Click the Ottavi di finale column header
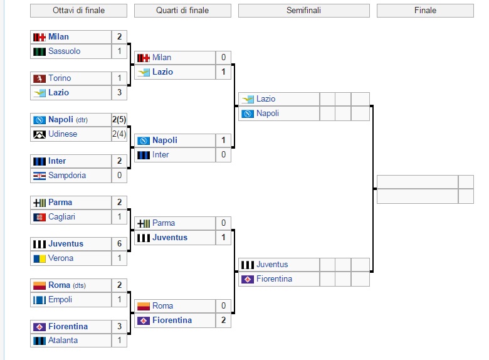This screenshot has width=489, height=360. [x=78, y=11]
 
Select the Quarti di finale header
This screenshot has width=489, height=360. [x=182, y=11]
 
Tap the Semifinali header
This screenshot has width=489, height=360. [x=303, y=11]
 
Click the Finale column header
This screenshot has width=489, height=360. [x=425, y=11]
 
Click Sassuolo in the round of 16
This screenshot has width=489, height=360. [x=64, y=51]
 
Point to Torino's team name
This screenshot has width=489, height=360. [x=60, y=78]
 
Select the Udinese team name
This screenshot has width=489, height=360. [x=63, y=134]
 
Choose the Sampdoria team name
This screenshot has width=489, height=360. [x=66, y=176]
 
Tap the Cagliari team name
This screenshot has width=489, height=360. [x=61, y=217]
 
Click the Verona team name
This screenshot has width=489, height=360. [x=61, y=258]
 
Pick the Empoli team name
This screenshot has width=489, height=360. [x=60, y=300]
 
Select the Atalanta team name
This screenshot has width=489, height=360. [x=63, y=341]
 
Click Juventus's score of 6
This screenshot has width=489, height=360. [x=119, y=244]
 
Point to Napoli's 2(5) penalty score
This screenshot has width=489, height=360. [x=119, y=120]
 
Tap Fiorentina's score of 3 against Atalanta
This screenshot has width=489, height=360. [x=119, y=327]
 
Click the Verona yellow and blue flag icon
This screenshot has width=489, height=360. [x=39, y=258]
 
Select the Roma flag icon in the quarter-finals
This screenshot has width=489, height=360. [x=144, y=306]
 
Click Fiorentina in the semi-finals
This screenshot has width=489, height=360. [x=274, y=279]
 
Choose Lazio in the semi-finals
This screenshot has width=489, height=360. [x=266, y=99]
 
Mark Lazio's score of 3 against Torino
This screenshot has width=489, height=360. [x=119, y=93]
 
